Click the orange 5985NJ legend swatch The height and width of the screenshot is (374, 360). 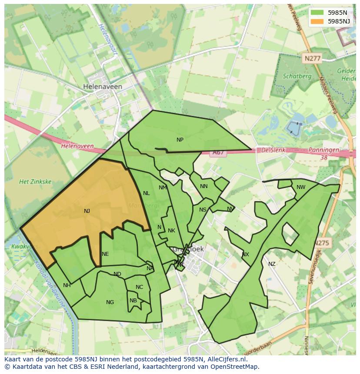(318, 21)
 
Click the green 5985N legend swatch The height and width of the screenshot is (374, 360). (318, 13)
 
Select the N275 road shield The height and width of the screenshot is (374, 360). (323, 243)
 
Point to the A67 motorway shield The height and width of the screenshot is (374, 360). (218, 152)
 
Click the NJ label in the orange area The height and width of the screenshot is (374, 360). (87, 211)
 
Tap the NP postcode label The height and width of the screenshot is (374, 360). (180, 140)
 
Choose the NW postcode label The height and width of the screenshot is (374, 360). (301, 187)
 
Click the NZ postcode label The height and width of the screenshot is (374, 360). (272, 264)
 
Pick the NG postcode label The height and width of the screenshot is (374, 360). (110, 302)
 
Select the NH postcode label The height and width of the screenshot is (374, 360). (67, 285)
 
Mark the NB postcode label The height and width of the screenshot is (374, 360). (133, 301)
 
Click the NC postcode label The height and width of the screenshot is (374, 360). (139, 287)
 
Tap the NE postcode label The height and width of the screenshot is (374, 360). (105, 254)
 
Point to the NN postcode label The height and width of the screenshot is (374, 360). (204, 186)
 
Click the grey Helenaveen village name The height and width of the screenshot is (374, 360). (103, 87)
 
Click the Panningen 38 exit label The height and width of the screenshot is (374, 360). (323, 153)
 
